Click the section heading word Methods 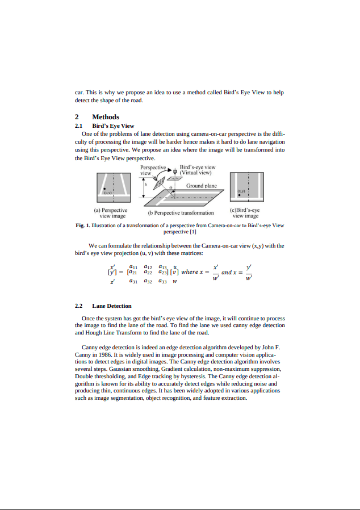pos(106,117)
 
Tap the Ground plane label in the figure pos(202,186)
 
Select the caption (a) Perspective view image pos(112,213)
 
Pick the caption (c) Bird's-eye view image pos(246,213)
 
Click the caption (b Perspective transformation pos(181,213)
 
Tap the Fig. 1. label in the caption pos(83,225)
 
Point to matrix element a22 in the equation pos(149,273)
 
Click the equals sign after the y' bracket pos(121,273)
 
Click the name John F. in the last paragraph pos(272,346)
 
